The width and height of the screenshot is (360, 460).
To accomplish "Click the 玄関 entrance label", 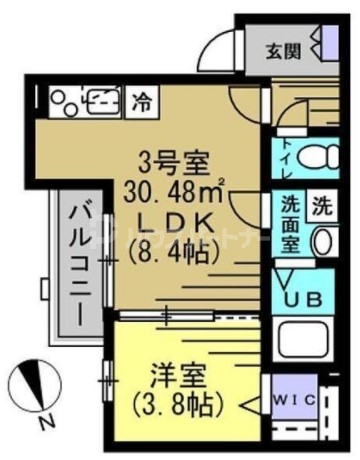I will [284, 49].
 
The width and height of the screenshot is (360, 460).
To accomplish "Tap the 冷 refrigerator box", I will [143, 100].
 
